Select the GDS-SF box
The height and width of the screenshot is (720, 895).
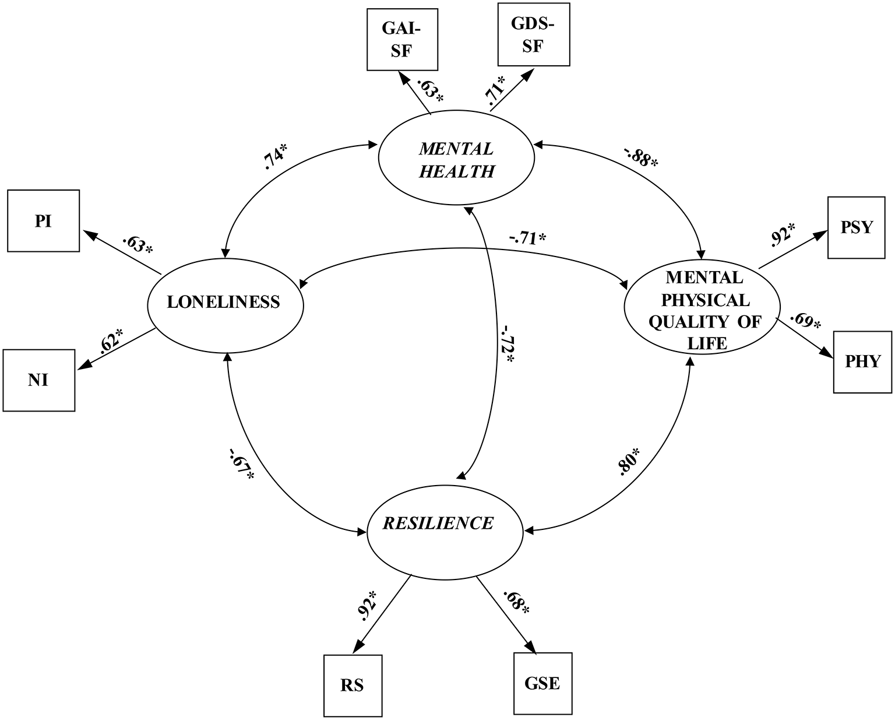(x=533, y=34)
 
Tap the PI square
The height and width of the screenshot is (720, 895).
(x=43, y=221)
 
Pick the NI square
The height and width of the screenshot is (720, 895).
(x=38, y=380)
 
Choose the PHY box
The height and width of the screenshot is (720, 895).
(x=863, y=361)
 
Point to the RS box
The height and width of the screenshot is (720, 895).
(x=353, y=686)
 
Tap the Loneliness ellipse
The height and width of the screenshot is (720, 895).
(x=224, y=302)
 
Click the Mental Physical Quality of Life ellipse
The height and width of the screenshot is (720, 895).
(x=702, y=310)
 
